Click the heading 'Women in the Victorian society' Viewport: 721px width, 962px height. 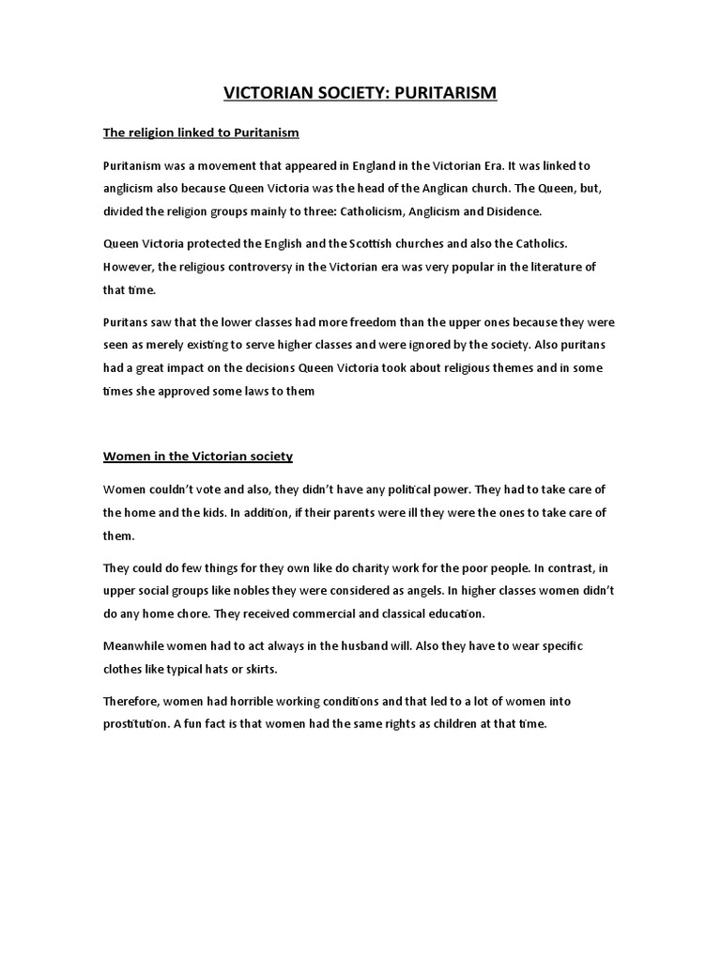point(198,457)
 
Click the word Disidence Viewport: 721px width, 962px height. point(513,210)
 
